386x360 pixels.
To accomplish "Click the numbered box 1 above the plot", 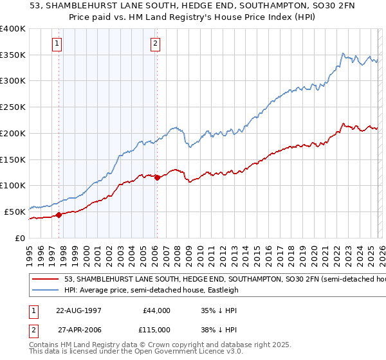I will [57, 44].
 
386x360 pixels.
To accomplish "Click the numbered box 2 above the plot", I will [156, 44].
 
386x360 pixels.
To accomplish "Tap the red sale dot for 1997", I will [59, 215].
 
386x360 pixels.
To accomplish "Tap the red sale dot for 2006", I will [157, 177].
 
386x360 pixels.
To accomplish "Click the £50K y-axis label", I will [15, 212].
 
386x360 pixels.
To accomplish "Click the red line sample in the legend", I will [45, 280].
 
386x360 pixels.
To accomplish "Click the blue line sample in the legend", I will [45, 291].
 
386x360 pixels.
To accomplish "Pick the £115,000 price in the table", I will [156, 328].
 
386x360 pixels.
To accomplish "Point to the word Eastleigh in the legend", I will [228, 291].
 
